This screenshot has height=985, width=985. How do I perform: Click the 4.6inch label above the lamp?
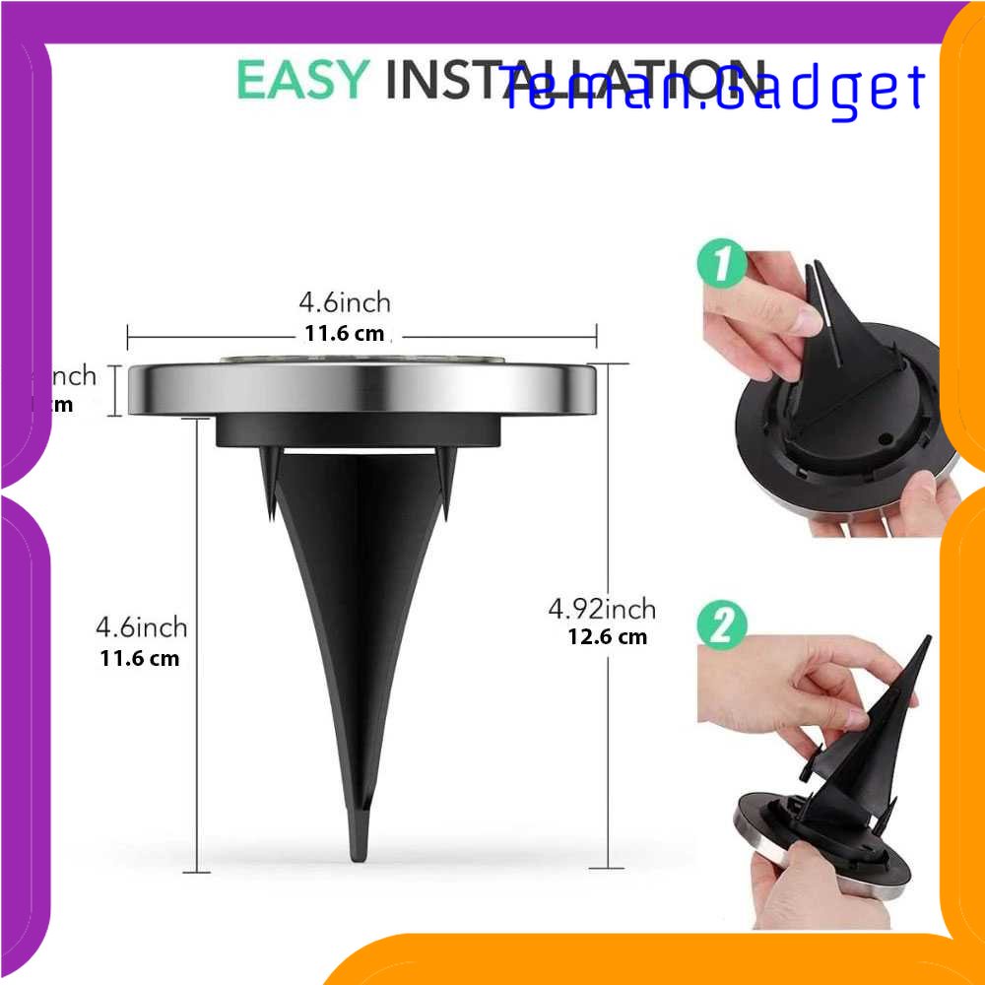tap(345, 301)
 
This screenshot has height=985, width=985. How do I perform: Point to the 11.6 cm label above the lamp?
tap(344, 333)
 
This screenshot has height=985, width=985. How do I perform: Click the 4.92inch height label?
tap(602, 609)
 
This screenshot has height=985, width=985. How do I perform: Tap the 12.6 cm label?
tap(607, 636)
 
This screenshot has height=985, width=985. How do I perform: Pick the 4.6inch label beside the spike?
tap(141, 626)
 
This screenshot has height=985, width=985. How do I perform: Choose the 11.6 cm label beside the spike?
tap(140, 658)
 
